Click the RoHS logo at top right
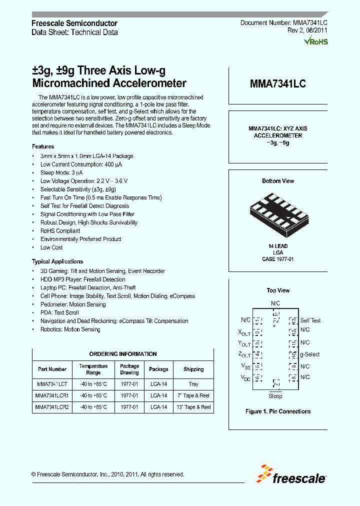coord(316,41)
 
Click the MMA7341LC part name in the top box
coord(277,84)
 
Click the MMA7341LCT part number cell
coord(52,384)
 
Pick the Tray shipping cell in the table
coord(193,384)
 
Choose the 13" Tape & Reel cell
coord(193,407)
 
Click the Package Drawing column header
coord(129,369)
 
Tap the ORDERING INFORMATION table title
coord(123,354)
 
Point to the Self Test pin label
coord(310,320)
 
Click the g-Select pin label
coord(309,354)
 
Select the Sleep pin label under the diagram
coord(275,396)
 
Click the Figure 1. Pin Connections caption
coord(278,411)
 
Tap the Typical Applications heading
coord(57,261)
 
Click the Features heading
coord(43,146)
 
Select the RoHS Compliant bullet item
coord(60,231)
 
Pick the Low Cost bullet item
coord(51,247)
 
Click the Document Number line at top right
coord(283,23)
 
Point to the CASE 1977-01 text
coord(278,259)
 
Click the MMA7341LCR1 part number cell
coord(52,395)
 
